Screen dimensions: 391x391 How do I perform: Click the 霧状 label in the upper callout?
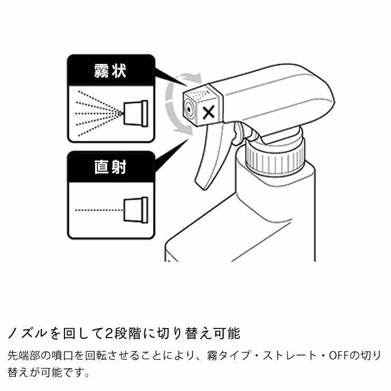[110, 71]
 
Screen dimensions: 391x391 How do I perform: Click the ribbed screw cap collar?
[274, 156]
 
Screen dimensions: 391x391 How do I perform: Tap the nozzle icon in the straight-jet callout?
[135, 210]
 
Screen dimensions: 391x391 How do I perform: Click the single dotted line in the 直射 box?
[98, 210]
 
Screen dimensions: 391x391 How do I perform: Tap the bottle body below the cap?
[264, 222]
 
